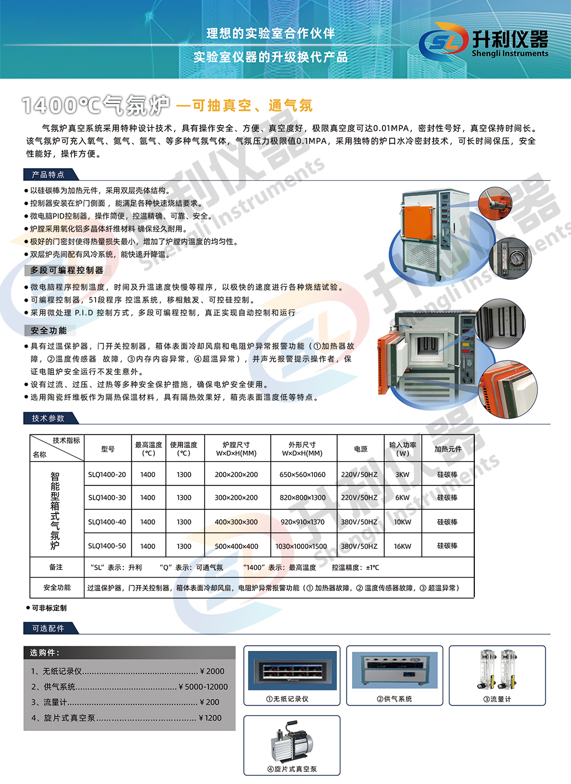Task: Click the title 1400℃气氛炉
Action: [96, 105]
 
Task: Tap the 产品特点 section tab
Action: [49, 175]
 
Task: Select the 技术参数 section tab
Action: [49, 419]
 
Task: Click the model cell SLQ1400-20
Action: [107, 474]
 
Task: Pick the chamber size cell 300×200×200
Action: [236, 498]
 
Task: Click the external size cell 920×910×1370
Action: [303, 522]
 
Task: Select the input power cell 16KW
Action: [402, 546]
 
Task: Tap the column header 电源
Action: [360, 449]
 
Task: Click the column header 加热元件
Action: [448, 449]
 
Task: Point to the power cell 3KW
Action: [402, 474]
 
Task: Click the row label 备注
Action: [56, 567]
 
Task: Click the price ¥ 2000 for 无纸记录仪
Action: [212, 671]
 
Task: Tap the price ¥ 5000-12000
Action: [203, 687]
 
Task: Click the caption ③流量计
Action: [497, 699]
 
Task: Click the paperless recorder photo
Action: [292, 670]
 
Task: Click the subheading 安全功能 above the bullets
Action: [49, 331]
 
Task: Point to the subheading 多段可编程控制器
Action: [67, 270]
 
